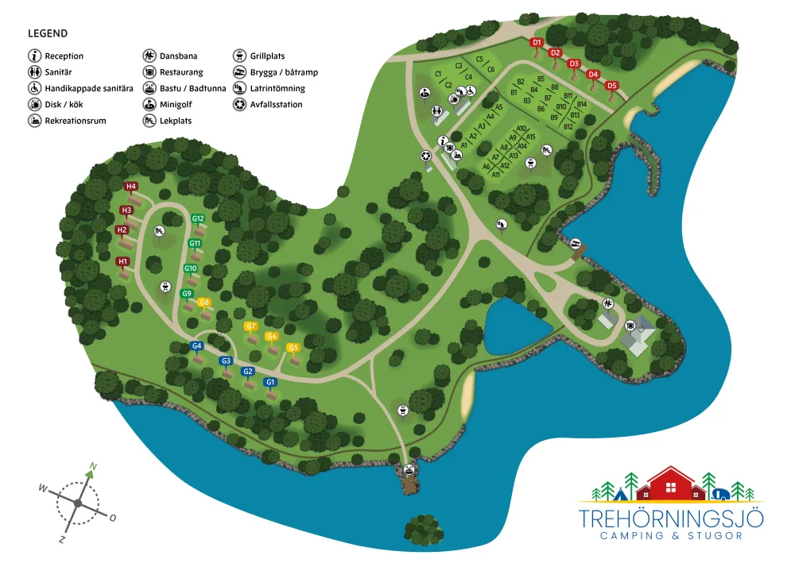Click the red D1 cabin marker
pyautogui.click(x=536, y=43)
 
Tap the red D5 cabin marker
pyautogui.click(x=611, y=85)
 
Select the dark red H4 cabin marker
pyautogui.click(x=131, y=187)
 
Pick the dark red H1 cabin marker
pyautogui.click(x=122, y=261)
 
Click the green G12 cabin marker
pyautogui.click(x=198, y=218)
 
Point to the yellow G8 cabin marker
pyautogui.click(x=204, y=302)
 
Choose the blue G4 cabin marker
pyautogui.click(x=197, y=346)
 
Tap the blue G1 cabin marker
pyautogui.click(x=270, y=382)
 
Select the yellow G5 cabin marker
pyautogui.click(x=293, y=347)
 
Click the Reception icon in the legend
pyautogui.click(x=35, y=56)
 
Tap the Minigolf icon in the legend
pyautogui.click(x=149, y=105)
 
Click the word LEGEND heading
pyautogui.click(x=48, y=34)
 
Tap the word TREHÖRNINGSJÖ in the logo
pyautogui.click(x=672, y=519)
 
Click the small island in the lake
pyautogui.click(x=423, y=528)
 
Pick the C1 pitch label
pyautogui.click(x=438, y=74)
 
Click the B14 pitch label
pyautogui.click(x=582, y=104)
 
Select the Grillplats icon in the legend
pyautogui.click(x=239, y=56)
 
